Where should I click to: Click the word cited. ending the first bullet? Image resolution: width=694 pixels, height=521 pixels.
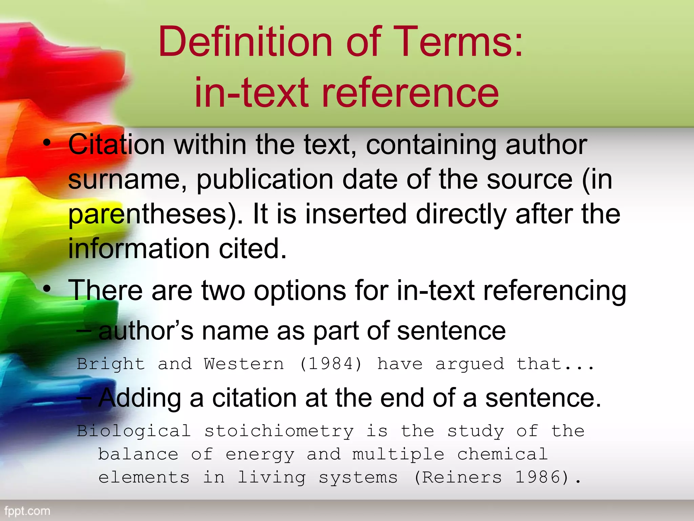click(x=253, y=248)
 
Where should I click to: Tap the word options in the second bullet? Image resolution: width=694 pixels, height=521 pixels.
click(x=300, y=290)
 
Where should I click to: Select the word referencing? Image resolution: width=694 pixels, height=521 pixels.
click(x=554, y=291)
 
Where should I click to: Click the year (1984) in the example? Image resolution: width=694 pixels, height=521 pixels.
click(x=331, y=364)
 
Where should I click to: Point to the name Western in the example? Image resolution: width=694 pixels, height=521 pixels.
click(x=244, y=364)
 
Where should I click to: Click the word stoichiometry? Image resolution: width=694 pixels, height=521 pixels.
click(x=279, y=431)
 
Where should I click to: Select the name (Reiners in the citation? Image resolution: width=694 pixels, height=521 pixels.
click(x=457, y=478)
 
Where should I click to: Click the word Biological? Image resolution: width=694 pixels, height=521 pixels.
click(x=134, y=431)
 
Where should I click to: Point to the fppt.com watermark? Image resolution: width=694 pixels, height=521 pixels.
click(x=27, y=511)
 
